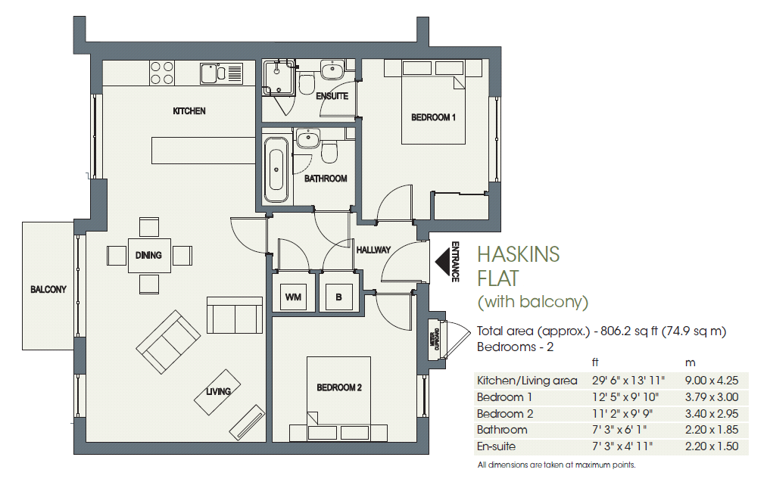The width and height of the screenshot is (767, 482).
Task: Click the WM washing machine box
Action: tap(293, 297)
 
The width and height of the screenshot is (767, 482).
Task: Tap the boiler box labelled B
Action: tap(338, 297)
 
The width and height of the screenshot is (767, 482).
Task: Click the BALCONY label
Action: tap(48, 289)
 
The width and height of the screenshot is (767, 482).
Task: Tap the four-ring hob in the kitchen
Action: tap(162, 73)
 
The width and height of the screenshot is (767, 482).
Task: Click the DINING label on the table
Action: tap(148, 255)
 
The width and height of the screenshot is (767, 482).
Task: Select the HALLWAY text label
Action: tap(373, 250)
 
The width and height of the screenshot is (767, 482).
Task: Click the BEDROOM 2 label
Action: tap(338, 387)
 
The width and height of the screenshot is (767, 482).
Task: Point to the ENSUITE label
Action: tap(332, 96)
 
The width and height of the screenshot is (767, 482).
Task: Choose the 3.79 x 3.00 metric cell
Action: tap(711, 397)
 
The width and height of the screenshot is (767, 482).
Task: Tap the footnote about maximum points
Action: tap(556, 465)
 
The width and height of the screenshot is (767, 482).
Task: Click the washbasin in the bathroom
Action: tap(307, 138)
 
